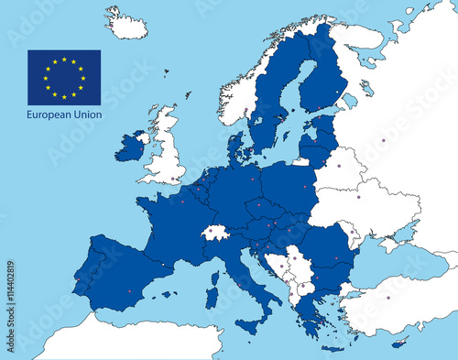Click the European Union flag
point(64,77)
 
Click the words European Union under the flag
point(64,115)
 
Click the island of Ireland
point(129,147)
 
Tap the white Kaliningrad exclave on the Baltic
point(301,161)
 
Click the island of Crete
point(334,347)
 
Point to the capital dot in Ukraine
point(358,197)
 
